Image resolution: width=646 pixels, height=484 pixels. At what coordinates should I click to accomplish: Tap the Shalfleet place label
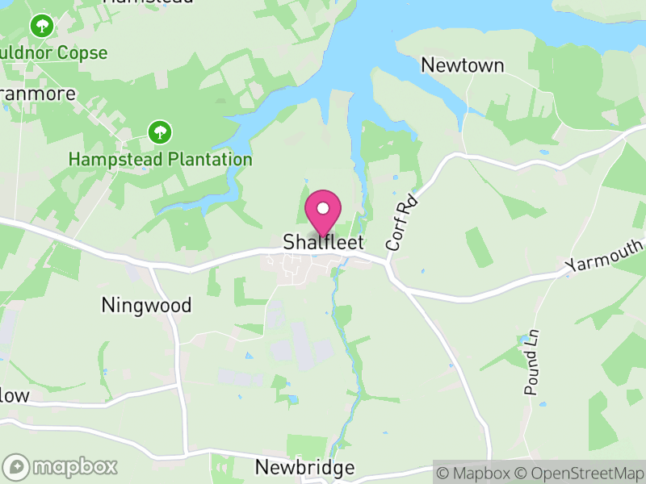(x=323, y=242)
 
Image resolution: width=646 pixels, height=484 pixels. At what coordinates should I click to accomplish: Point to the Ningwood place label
(x=146, y=305)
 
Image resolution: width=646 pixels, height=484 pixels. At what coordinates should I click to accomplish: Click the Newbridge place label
(x=304, y=468)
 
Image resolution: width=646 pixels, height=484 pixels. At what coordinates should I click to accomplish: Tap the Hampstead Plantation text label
(x=160, y=159)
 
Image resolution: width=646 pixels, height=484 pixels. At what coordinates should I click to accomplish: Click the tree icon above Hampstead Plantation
(x=160, y=131)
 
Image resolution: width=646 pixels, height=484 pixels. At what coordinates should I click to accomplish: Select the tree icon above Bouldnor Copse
(x=41, y=26)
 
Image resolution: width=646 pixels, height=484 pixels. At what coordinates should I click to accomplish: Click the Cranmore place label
(x=37, y=94)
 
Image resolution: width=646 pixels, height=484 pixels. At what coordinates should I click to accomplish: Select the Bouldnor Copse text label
(x=53, y=53)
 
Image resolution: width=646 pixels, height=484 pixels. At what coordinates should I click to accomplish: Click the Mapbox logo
(x=61, y=466)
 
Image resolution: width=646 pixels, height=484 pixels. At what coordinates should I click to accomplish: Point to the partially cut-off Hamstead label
(x=149, y=2)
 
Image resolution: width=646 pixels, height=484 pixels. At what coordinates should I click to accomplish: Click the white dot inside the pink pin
(x=323, y=208)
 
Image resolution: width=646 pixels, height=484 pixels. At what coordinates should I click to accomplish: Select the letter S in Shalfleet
(x=288, y=242)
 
